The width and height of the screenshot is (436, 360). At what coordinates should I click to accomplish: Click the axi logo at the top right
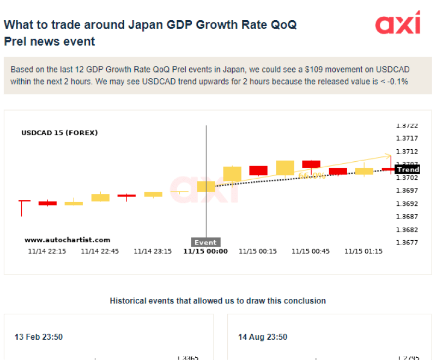click(398, 23)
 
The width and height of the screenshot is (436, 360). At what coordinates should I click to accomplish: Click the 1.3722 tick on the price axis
click(407, 125)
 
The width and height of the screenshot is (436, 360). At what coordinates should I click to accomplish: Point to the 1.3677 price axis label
click(407, 243)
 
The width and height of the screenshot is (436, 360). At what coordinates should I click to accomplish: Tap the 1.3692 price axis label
click(407, 204)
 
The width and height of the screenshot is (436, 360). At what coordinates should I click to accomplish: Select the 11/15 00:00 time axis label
click(205, 252)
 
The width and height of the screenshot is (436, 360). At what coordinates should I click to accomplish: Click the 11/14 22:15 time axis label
click(47, 252)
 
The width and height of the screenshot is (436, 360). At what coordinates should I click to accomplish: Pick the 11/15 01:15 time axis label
click(364, 252)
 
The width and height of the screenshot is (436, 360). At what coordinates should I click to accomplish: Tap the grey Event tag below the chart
click(205, 242)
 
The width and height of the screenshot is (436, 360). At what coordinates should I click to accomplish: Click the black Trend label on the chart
click(408, 170)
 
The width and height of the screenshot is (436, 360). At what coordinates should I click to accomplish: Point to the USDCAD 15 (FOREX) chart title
click(59, 132)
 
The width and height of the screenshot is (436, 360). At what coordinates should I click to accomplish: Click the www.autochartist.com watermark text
click(67, 240)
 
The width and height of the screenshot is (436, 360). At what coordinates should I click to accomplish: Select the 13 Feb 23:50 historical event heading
click(39, 337)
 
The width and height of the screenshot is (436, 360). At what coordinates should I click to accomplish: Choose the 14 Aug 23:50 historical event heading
click(263, 337)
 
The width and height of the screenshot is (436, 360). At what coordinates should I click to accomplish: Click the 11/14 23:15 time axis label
click(153, 252)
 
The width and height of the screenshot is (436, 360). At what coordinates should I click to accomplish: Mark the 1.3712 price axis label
click(407, 151)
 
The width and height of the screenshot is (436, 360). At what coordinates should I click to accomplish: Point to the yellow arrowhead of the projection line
click(389, 156)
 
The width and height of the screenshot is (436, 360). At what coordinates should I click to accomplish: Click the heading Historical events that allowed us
click(218, 301)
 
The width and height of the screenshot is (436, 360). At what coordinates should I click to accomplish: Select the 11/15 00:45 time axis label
click(311, 252)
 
